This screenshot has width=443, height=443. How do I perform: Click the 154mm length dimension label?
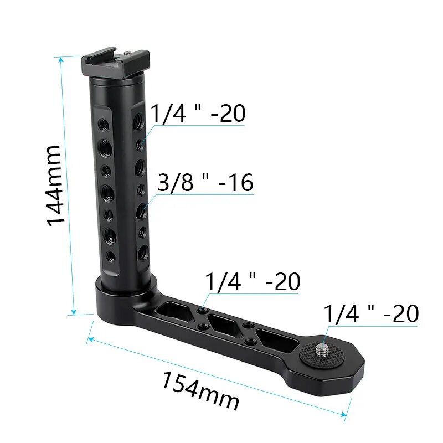click(x=200, y=391)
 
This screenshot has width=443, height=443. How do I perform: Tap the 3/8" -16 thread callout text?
click(x=205, y=183)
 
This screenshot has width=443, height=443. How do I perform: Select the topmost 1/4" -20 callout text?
click(x=198, y=114)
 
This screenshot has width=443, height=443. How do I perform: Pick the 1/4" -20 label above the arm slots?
click(x=253, y=281)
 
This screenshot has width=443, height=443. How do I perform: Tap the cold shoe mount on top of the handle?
click(x=116, y=64)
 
